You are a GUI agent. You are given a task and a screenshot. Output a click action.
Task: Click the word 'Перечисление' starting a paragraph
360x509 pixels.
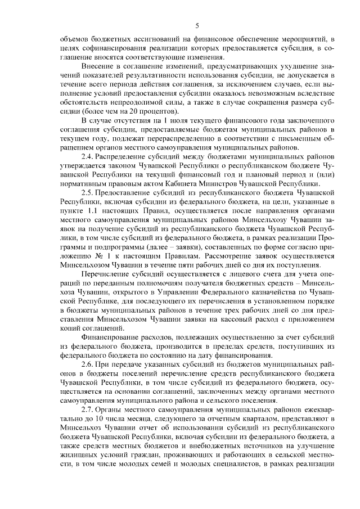(x=106, y=273)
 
